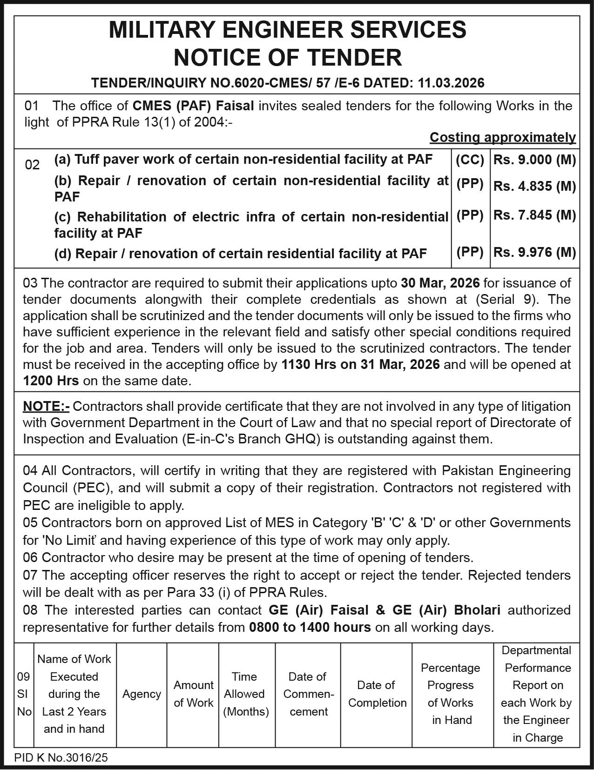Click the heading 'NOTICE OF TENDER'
tap(287, 58)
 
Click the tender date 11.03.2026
tap(451, 83)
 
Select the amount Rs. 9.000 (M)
tap(534, 160)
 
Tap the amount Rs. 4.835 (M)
tap(534, 186)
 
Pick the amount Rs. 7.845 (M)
tap(534, 215)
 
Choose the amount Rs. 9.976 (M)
tap(534, 252)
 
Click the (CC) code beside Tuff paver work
tap(470, 160)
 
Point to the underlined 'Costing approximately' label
tap(502, 137)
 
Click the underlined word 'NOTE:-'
tap(46, 406)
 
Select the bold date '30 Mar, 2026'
tap(440, 283)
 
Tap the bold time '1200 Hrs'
tap(51, 381)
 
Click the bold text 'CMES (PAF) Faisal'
tap(193, 106)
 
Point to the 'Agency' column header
tap(142, 694)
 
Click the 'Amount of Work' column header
tap(193, 694)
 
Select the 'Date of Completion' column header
tap(377, 694)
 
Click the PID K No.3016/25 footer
tap(61, 757)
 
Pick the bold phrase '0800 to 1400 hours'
tap(310, 627)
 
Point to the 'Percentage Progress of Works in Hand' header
tap(451, 694)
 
